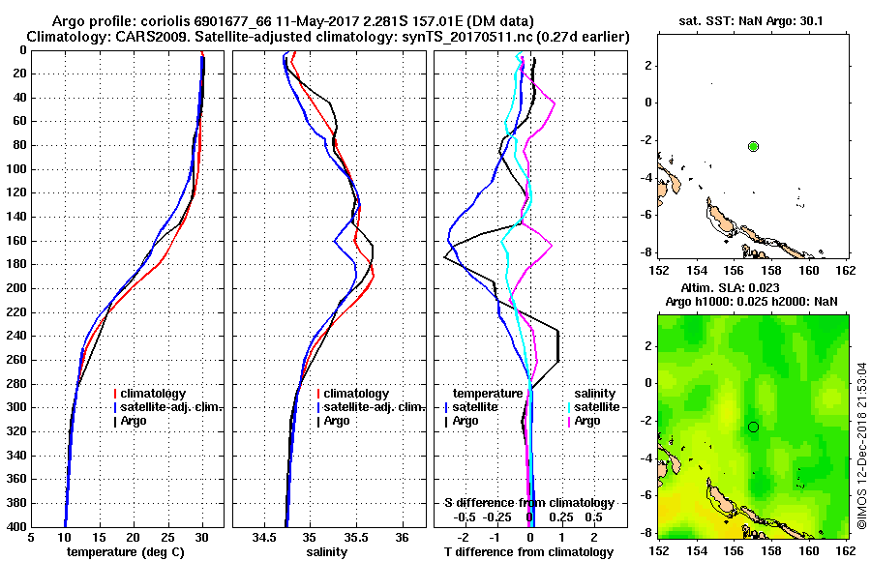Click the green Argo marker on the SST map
[754, 146]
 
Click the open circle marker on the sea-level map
[753, 427]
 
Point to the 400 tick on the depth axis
[17, 526]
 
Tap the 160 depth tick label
[17, 240]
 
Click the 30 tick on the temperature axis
[202, 537]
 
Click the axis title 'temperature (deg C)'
[126, 551]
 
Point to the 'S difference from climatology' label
[528, 503]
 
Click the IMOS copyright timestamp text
[861, 445]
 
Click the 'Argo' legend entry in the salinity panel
[338, 421]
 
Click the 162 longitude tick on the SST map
[845, 272]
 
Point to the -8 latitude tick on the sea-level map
[646, 532]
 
